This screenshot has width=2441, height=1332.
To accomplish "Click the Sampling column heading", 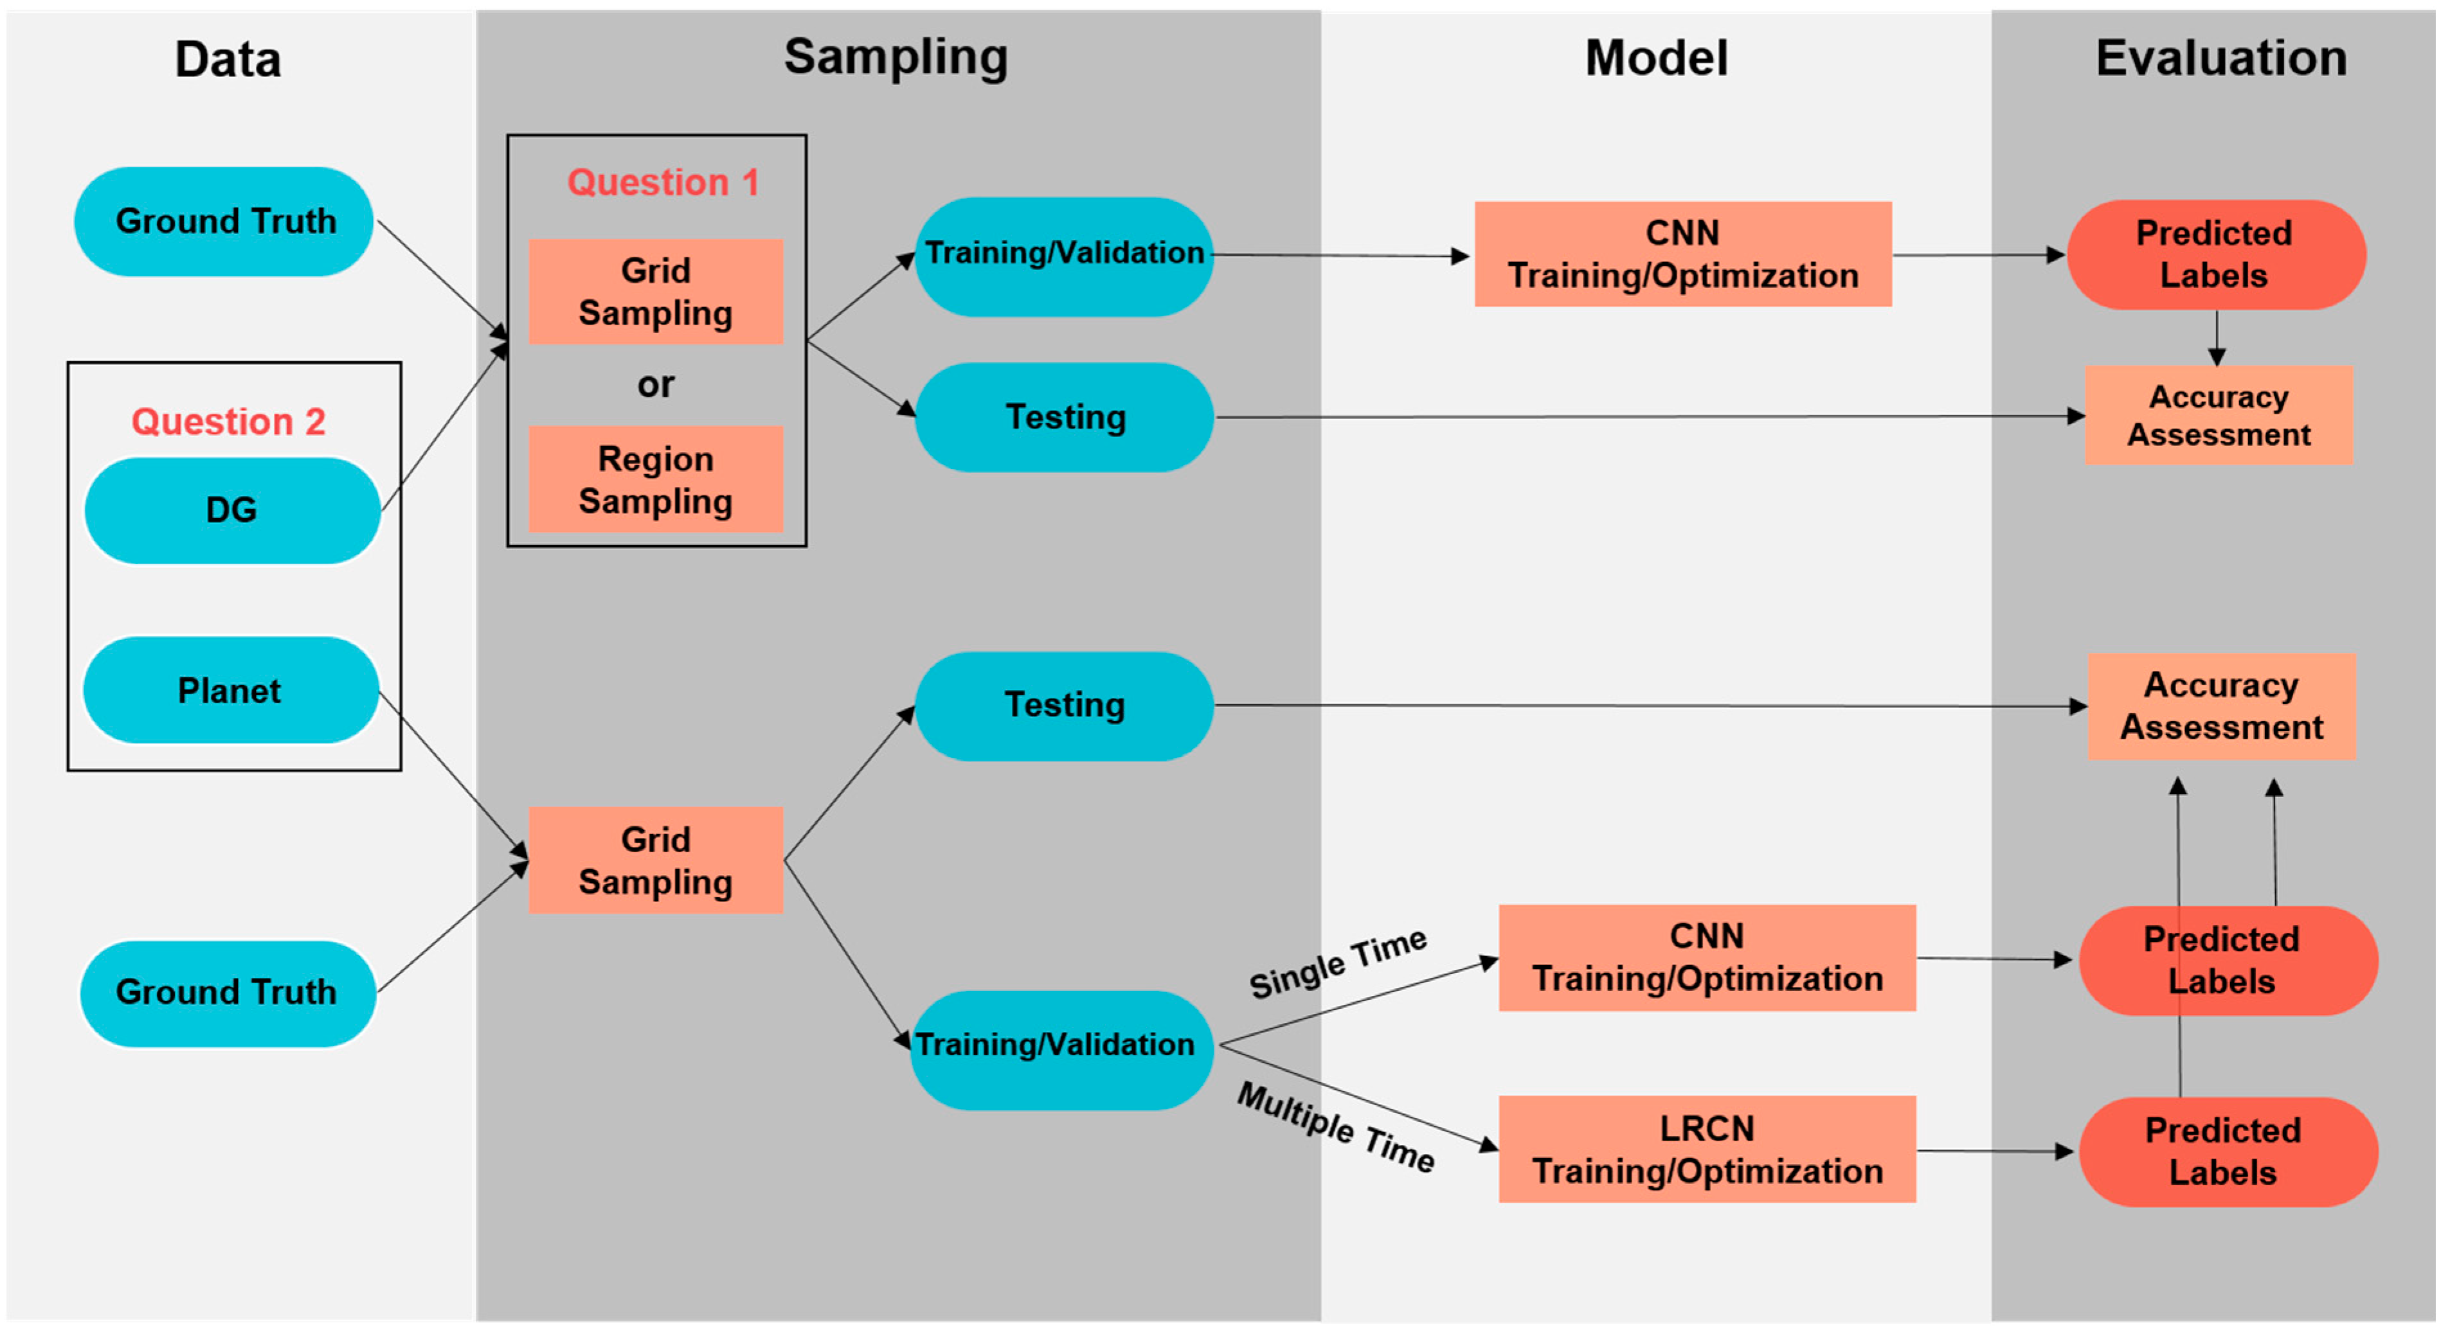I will [x=896, y=57].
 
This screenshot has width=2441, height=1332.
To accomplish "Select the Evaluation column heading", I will [x=2220, y=58].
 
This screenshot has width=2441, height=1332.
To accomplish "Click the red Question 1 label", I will [x=662, y=182].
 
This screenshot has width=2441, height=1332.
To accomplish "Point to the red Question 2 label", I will [x=228, y=422].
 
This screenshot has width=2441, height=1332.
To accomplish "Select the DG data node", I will [x=232, y=511].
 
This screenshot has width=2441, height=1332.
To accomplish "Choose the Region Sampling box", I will [x=656, y=479].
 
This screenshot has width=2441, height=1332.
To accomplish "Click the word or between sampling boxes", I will [x=656, y=385].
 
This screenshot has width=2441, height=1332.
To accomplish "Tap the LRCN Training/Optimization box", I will [x=1707, y=1149].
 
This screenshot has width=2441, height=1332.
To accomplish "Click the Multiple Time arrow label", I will [x=1336, y=1128].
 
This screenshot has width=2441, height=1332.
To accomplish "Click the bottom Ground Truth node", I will [x=228, y=993].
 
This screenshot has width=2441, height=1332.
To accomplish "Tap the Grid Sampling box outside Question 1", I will [x=656, y=860].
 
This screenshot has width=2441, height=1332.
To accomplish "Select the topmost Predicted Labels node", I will [x=2215, y=254].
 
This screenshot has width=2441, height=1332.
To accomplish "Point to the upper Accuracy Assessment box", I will [x=2219, y=415].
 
